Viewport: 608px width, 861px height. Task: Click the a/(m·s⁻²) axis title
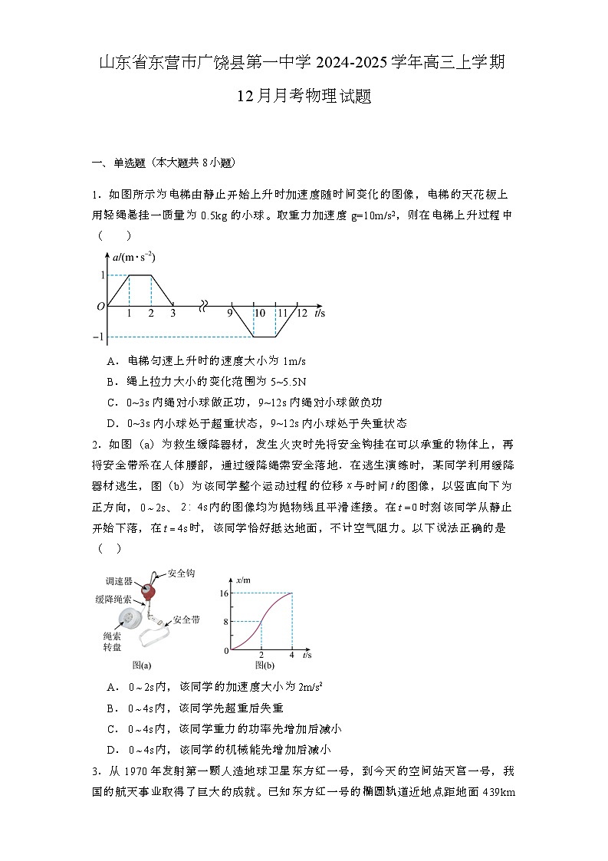coord(134,258)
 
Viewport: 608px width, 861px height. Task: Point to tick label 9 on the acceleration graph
coord(229,314)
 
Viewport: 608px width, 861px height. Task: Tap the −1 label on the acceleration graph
coord(98,337)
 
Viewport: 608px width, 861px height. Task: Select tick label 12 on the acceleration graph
coord(301,314)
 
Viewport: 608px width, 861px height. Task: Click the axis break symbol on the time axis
coord(202,306)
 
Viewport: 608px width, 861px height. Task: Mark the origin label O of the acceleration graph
coord(100,307)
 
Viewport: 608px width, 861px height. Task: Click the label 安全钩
coord(179,577)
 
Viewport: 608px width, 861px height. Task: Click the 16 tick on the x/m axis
coord(225,593)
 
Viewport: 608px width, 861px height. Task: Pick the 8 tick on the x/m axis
coord(227,622)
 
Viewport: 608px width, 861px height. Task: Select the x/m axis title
coord(245,580)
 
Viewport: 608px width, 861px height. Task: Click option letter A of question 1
coord(112,360)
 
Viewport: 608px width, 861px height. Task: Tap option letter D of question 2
coord(112,749)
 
